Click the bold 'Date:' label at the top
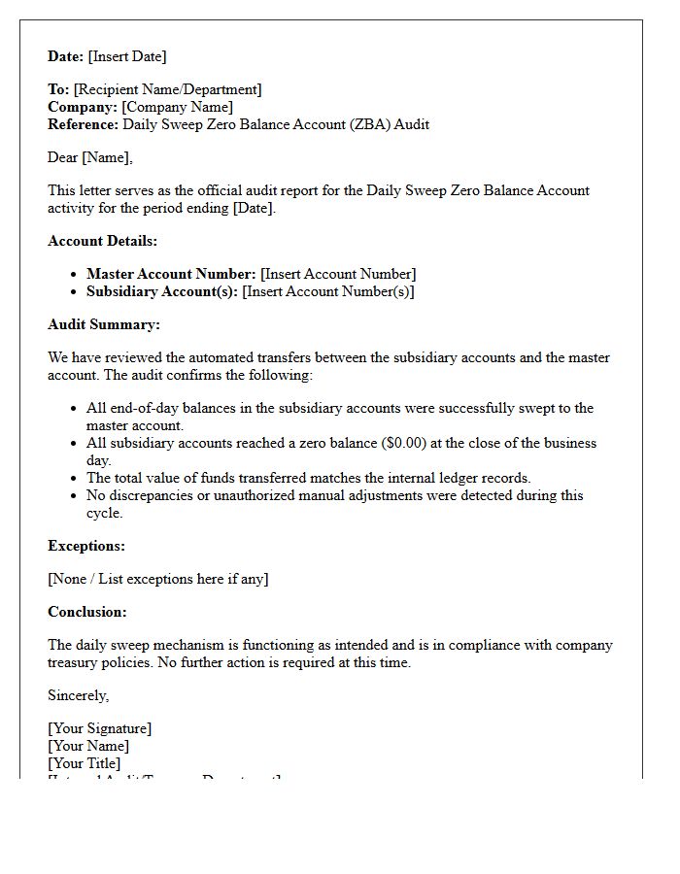[66, 56]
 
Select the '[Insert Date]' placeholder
[127, 56]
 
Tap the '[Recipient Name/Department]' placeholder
[167, 89]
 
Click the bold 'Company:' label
[83, 107]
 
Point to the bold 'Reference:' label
[84, 124]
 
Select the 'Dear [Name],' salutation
[90, 157]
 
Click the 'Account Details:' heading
[102, 241]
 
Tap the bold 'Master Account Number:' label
[171, 274]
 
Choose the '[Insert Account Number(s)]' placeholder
[327, 291]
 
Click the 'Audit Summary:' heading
[104, 324]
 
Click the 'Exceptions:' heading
[86, 546]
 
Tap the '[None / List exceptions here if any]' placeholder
[158, 579]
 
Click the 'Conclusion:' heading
[87, 612]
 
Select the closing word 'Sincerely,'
[79, 695]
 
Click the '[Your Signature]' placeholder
[100, 728]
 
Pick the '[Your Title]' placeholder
[85, 763]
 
